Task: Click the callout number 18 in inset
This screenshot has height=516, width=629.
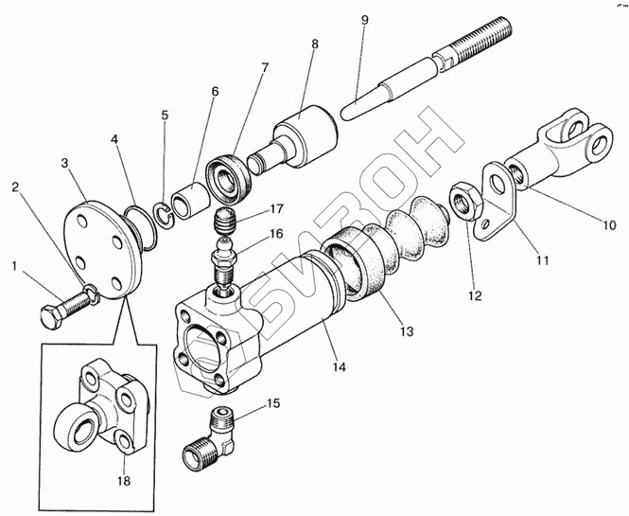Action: click(125, 481)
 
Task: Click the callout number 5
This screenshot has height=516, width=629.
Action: click(165, 116)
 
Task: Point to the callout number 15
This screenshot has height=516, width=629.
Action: click(273, 404)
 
